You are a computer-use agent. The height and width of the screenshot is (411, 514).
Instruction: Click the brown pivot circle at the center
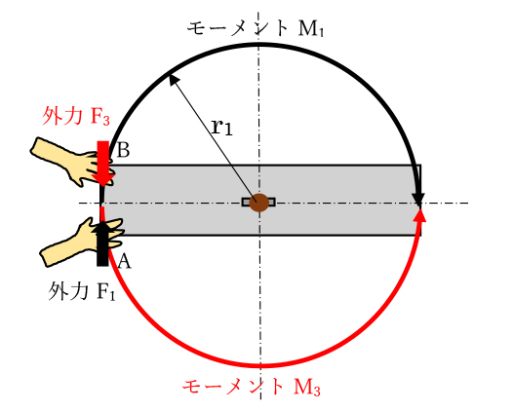tap(259, 203)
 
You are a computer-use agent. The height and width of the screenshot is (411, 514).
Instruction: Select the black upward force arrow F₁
tap(102, 243)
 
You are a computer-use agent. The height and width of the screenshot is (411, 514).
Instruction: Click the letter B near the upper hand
tap(123, 150)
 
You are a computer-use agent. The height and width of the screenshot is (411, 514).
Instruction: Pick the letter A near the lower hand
tap(124, 261)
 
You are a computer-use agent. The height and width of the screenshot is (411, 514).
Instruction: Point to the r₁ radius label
tap(222, 127)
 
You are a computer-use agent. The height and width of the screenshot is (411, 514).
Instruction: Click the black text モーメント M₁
tap(256, 28)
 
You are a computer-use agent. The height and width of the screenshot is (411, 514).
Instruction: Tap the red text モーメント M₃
tap(252, 387)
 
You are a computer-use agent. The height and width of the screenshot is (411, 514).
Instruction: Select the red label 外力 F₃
tap(76, 116)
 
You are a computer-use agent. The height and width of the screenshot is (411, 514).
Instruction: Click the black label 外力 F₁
tap(82, 291)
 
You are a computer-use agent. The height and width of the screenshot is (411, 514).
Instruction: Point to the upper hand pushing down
tap(72, 162)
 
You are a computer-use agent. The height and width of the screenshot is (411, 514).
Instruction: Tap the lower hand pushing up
tap(82, 242)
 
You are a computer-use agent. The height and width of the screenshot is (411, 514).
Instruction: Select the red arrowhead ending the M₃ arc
tap(419, 215)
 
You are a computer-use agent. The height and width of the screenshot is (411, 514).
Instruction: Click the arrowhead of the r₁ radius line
tap(173, 80)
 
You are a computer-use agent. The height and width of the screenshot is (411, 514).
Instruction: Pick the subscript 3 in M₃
tap(316, 391)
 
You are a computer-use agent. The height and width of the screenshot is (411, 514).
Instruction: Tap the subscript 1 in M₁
tap(321, 32)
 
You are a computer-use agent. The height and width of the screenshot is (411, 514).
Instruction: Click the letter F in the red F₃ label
tap(96, 116)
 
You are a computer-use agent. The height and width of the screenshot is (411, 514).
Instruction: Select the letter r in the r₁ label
tap(217, 127)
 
